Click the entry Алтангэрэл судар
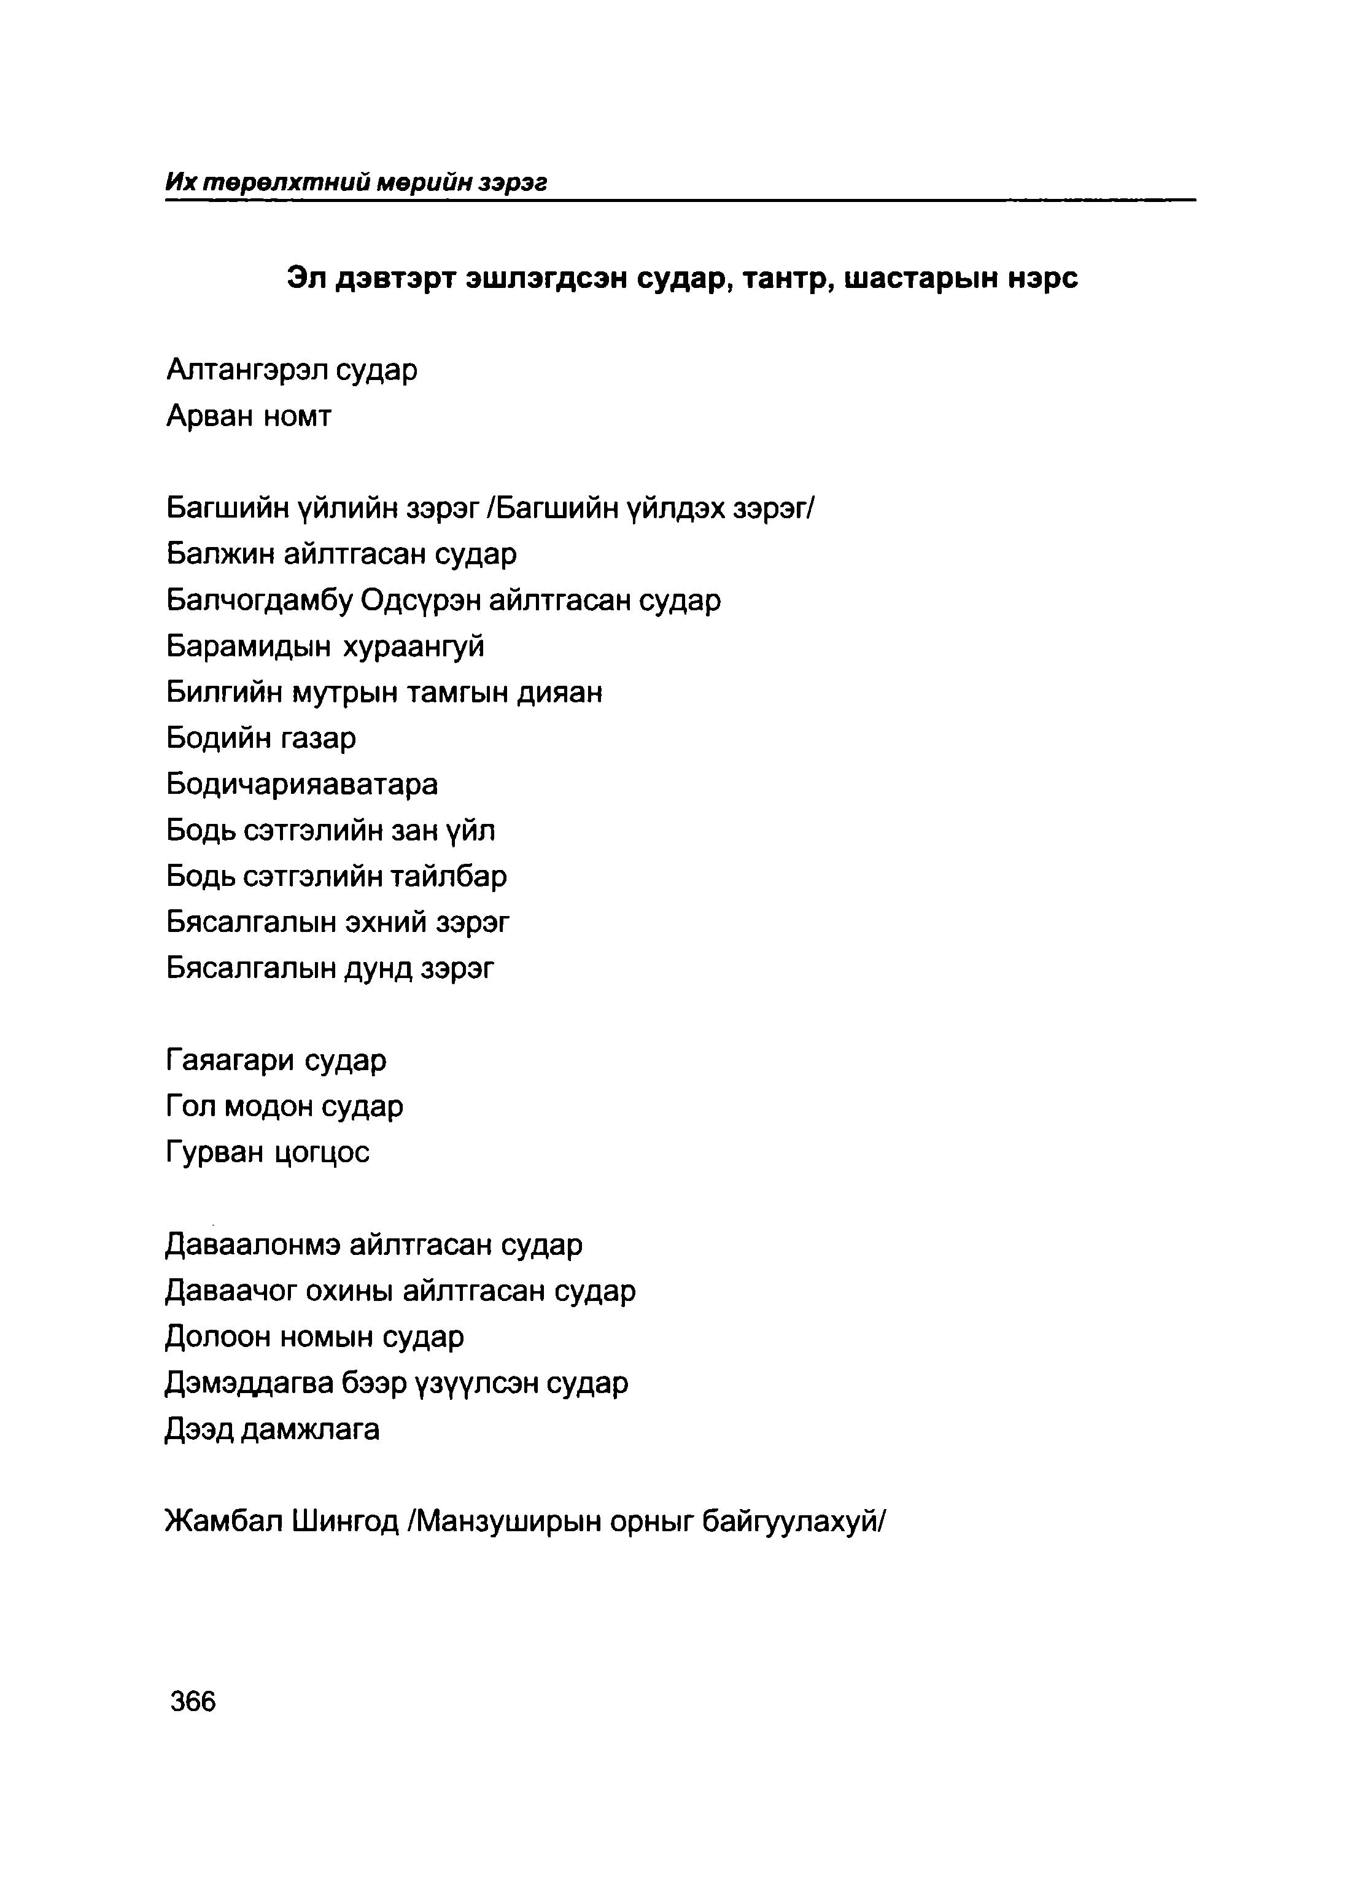[x=292, y=370]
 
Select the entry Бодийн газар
[x=261, y=737]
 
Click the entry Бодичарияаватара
[x=301, y=784]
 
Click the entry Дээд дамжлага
[x=273, y=1429]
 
